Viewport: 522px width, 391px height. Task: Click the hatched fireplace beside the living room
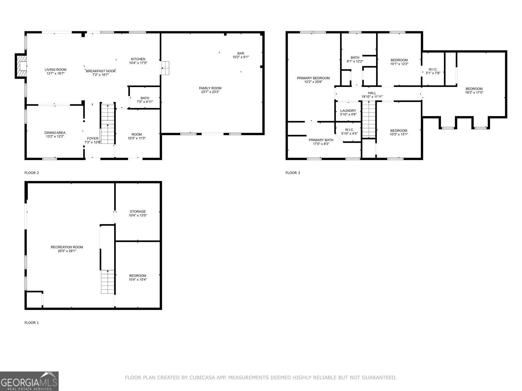pyautogui.click(x=21, y=66)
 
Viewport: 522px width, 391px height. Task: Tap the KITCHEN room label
pyautogui.click(x=138, y=59)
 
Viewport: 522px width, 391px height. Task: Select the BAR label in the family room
pyautogui.click(x=241, y=53)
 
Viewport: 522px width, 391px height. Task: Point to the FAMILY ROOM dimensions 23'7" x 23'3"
pyautogui.click(x=210, y=92)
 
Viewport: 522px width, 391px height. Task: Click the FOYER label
pyautogui.click(x=93, y=138)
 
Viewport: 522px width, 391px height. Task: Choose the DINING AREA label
pyautogui.click(x=55, y=133)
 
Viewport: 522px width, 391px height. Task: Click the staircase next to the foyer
pyautogui.click(x=108, y=123)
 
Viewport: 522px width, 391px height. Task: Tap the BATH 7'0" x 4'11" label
pyautogui.click(x=145, y=100)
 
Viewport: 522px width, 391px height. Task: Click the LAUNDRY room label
pyautogui.click(x=348, y=111)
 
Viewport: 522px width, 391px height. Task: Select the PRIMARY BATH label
pyautogui.click(x=321, y=140)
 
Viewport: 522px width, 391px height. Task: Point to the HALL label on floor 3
pyautogui.click(x=372, y=93)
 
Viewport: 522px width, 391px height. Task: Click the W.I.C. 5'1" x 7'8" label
pyautogui.click(x=433, y=71)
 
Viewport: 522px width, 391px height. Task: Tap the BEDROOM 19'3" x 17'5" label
pyautogui.click(x=474, y=91)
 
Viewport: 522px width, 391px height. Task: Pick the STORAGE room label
pyautogui.click(x=138, y=211)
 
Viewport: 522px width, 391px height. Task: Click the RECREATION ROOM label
pyautogui.click(x=67, y=247)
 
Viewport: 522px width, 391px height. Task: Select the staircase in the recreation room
pyautogui.click(x=108, y=282)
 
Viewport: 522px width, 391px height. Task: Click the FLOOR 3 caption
pyautogui.click(x=293, y=173)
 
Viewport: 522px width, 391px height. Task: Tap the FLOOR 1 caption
pyautogui.click(x=32, y=323)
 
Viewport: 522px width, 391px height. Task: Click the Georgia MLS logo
pyautogui.click(x=29, y=381)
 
